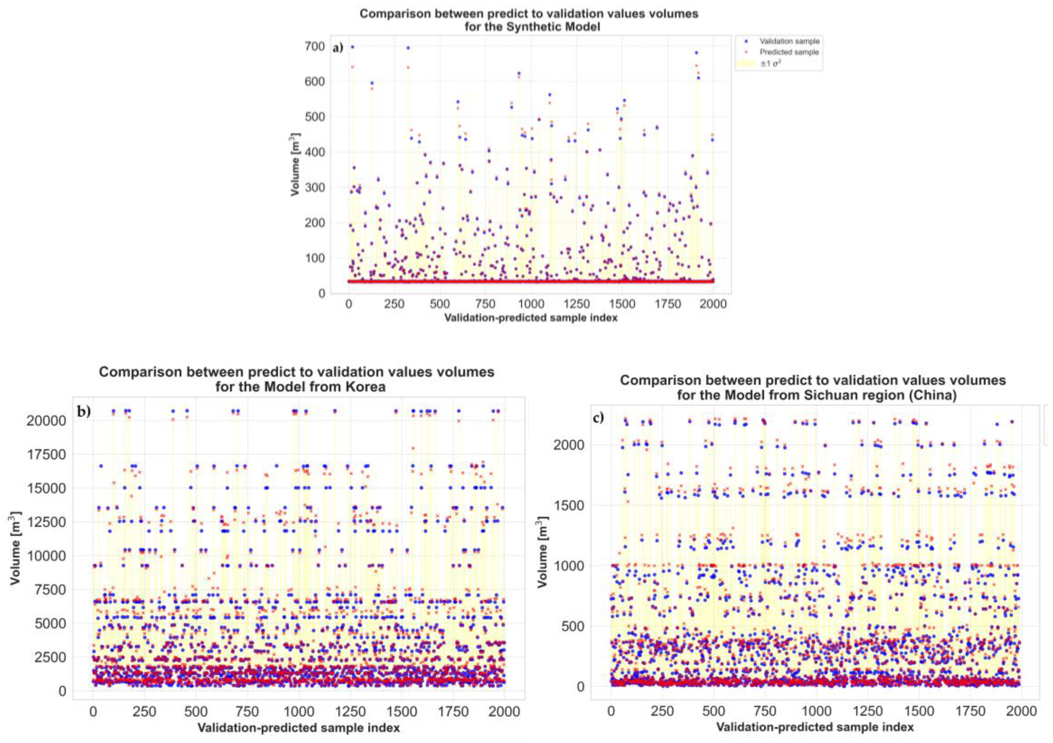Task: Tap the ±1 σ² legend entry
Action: point(770,64)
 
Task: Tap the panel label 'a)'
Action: point(338,48)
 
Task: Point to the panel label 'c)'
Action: point(599,418)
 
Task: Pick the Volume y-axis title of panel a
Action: point(295,165)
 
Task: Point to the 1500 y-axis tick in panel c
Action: point(569,506)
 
